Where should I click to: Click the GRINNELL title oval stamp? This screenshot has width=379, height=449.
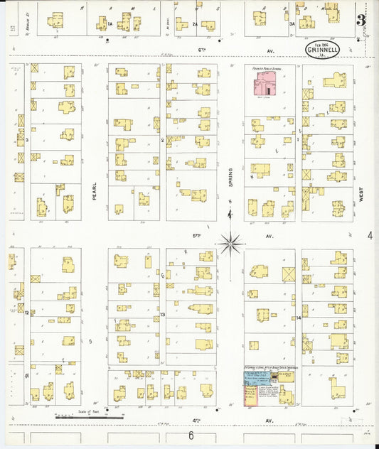[322, 50]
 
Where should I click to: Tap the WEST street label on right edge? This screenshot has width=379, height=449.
[362, 195]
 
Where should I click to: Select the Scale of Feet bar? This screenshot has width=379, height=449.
[80, 416]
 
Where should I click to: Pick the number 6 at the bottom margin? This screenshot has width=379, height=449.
[191, 435]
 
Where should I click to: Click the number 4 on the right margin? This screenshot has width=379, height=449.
[370, 234]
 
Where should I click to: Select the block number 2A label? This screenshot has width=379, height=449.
[195, 24]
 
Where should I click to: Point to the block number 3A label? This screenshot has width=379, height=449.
[292, 24]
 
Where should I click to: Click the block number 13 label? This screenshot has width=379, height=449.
[163, 313]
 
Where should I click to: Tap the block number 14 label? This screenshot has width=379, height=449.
[299, 318]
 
